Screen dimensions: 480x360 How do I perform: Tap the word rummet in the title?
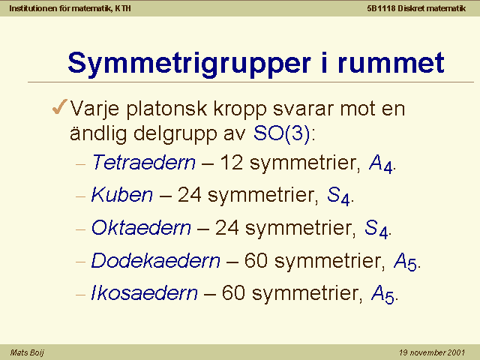click(391, 63)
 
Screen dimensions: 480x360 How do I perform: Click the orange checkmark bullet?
click(60, 106)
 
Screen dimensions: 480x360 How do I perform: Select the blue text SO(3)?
click(282, 133)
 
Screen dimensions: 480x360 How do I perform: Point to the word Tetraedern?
click(143, 162)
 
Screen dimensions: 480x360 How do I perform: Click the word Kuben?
click(121, 195)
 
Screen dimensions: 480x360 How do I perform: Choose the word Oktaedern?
click(141, 228)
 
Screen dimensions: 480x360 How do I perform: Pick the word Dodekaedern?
click(155, 260)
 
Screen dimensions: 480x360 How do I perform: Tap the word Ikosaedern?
click(144, 293)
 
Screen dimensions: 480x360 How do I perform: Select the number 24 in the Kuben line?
click(189, 195)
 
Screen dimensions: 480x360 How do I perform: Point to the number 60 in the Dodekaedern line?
click(256, 260)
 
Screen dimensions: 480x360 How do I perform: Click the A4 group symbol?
click(380, 163)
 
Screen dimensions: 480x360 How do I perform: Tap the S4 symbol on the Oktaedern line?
click(376, 229)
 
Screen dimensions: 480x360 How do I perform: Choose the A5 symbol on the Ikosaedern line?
click(382, 295)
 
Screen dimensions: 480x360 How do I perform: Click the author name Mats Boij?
click(27, 352)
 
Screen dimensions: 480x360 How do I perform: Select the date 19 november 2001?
click(432, 352)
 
